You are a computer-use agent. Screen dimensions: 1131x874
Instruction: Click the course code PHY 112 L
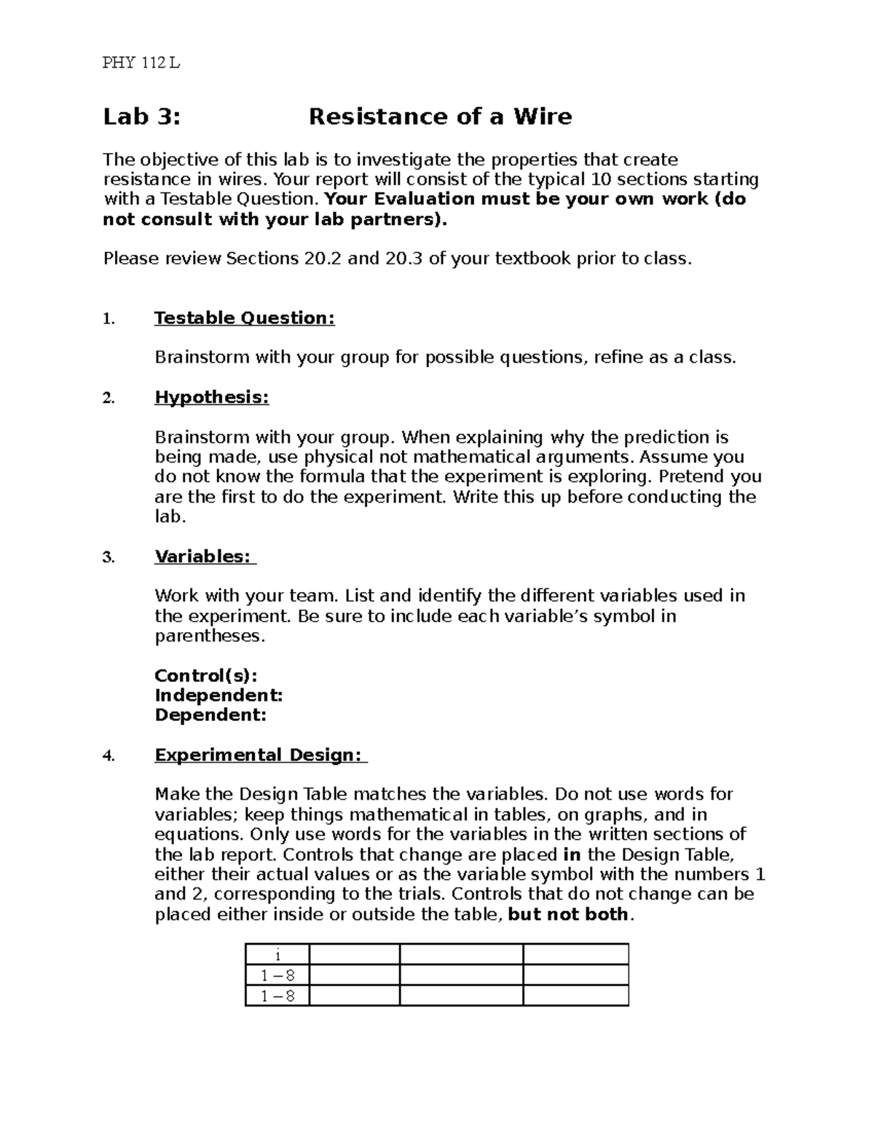click(x=141, y=63)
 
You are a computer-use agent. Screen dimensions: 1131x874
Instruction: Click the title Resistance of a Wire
click(x=440, y=117)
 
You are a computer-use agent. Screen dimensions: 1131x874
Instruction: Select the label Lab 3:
click(x=141, y=117)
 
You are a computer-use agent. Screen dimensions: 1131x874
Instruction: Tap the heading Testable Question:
click(x=244, y=318)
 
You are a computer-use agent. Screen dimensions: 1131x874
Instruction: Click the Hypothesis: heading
click(x=211, y=398)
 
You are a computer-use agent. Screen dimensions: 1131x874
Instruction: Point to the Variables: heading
click(x=205, y=556)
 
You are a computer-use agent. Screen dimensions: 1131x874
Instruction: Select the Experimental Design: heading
click(x=260, y=755)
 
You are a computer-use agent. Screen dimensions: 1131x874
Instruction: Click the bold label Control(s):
click(x=205, y=675)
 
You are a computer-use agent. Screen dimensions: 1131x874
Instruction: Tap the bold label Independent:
click(x=218, y=695)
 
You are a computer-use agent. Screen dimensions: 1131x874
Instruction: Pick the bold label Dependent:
click(x=210, y=715)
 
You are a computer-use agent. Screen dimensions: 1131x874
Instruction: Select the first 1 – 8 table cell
click(x=277, y=976)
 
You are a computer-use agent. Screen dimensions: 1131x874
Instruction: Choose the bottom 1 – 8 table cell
click(x=277, y=996)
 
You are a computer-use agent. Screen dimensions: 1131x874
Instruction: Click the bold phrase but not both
click(x=568, y=915)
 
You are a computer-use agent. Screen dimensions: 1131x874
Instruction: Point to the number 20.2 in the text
click(x=320, y=259)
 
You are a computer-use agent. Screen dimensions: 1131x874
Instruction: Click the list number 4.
click(x=109, y=756)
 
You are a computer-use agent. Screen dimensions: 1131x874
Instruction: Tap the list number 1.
click(x=109, y=319)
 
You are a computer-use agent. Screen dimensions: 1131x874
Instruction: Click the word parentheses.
click(x=208, y=637)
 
